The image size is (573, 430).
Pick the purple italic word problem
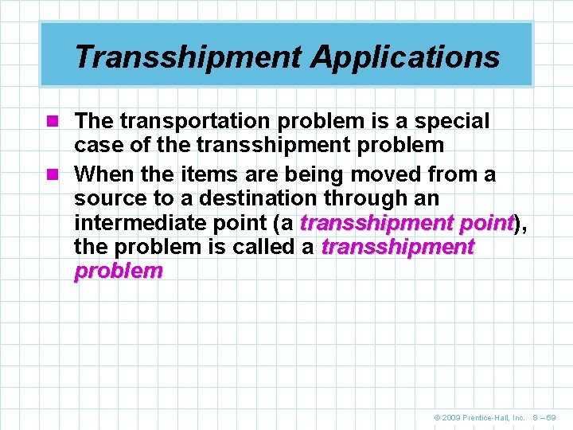tap(118, 272)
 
